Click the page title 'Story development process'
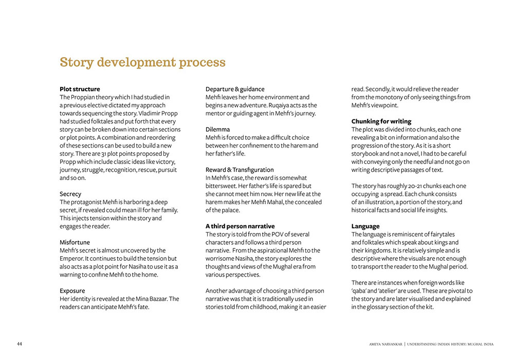(x=142, y=63)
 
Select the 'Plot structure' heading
(x=80, y=89)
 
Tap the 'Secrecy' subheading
(x=70, y=194)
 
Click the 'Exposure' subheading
(x=72, y=291)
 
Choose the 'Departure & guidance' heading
(x=235, y=89)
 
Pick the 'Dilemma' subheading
(x=217, y=129)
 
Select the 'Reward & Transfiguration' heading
(x=240, y=170)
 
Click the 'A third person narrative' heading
(x=240, y=226)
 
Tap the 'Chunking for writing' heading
(x=381, y=121)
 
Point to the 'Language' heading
(x=365, y=226)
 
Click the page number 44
(x=19, y=344)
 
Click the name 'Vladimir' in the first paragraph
(x=148, y=113)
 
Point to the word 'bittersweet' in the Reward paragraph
(x=222, y=186)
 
